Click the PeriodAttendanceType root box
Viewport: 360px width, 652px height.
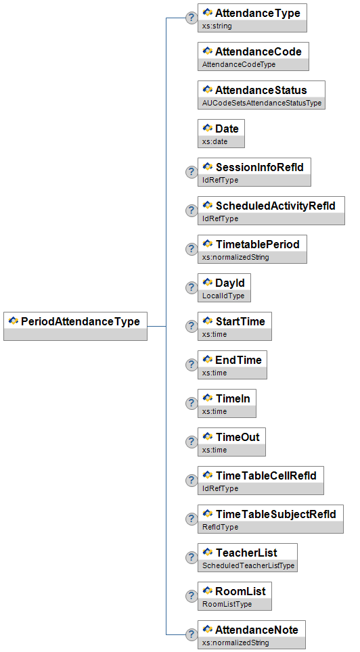click(x=75, y=326)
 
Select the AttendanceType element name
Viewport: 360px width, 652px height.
click(x=258, y=13)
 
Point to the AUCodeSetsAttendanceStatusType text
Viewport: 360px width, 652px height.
click(x=262, y=103)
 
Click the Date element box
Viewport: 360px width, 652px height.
click(x=221, y=133)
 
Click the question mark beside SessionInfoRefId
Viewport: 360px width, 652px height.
click(x=192, y=172)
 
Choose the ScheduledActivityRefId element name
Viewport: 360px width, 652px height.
click(x=275, y=206)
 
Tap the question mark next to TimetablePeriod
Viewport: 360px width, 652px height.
click(x=192, y=249)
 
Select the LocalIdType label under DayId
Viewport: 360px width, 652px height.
click(x=223, y=296)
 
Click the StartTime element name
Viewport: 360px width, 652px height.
click(x=240, y=321)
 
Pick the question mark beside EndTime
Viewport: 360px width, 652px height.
click(x=192, y=365)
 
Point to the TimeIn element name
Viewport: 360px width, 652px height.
click(x=233, y=398)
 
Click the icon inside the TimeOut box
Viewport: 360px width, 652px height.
click(x=208, y=436)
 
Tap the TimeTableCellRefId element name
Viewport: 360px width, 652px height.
click(x=266, y=475)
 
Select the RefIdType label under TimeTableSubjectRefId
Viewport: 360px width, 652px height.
click(x=220, y=527)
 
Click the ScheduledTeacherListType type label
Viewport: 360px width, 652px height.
click(x=248, y=565)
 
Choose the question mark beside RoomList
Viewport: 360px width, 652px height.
click(x=192, y=596)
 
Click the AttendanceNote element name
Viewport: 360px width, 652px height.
click(x=256, y=630)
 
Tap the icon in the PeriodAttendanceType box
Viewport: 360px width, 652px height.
click(x=14, y=321)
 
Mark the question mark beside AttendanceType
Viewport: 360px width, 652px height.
click(x=192, y=18)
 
